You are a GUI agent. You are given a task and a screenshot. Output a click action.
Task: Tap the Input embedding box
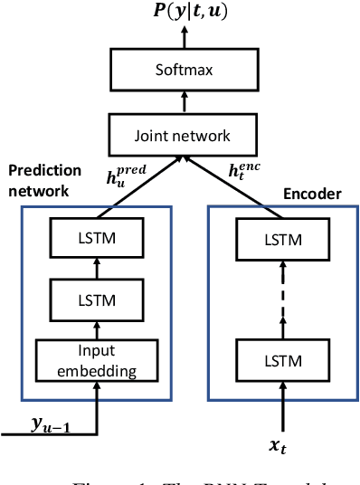click(89, 361)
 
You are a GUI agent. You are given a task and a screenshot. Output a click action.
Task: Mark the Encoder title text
click(308, 192)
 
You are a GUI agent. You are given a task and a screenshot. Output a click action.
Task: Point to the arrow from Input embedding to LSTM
click(89, 328)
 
